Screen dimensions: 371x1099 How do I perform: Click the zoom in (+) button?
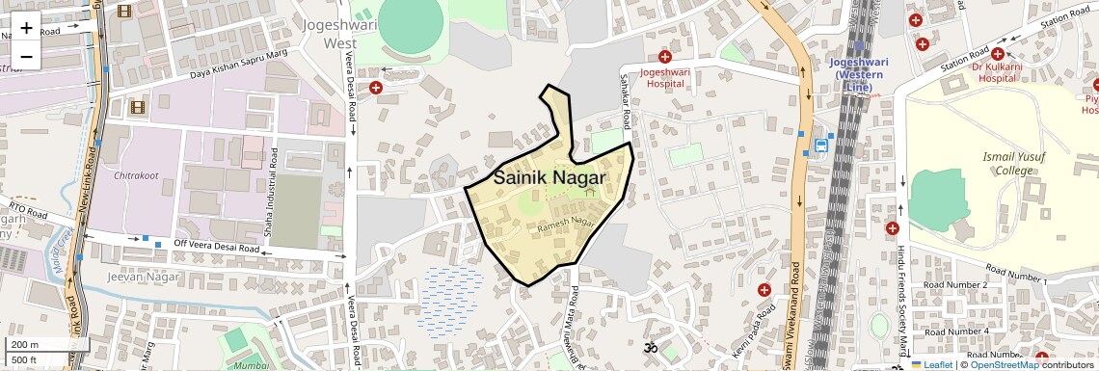pos(26,28)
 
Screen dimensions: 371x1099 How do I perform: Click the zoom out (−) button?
pos(26,57)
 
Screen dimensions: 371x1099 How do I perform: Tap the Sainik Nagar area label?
pos(549,178)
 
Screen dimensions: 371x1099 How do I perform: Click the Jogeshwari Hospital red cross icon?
pos(664,57)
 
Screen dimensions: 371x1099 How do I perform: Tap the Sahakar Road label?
pos(626,112)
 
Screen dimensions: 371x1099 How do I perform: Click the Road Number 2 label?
pos(955,285)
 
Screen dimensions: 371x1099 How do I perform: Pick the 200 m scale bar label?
pos(26,345)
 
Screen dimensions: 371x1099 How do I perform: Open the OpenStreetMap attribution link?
pos(1004,364)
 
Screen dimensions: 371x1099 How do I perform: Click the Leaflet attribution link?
pos(931,364)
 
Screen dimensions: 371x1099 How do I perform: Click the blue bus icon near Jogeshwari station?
pos(820,146)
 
